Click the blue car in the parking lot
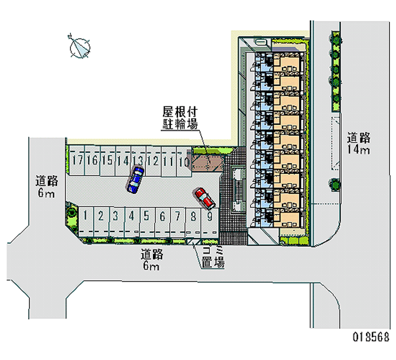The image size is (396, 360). click(136, 179)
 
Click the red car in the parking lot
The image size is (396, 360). click(204, 198)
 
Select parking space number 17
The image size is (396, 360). click(77, 163)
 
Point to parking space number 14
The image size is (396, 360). click(123, 163)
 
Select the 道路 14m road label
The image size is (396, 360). click(359, 144)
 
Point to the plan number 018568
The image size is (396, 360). click(370, 337)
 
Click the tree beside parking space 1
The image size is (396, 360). click(72, 212)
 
